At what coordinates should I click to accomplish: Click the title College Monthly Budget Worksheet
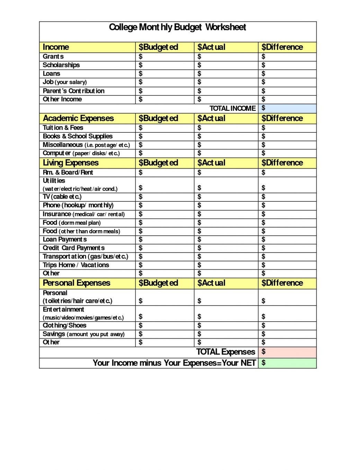coord(177,27)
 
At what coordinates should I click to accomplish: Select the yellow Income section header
coord(56,47)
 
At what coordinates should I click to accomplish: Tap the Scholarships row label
coord(61,65)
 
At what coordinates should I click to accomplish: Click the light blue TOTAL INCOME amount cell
coord(287,108)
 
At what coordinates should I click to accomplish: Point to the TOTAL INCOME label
coord(232,108)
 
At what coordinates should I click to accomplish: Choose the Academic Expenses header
coord(78,118)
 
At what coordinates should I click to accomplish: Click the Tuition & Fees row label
coord(63,128)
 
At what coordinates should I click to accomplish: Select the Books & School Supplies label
coord(78,136)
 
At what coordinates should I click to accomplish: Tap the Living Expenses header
coord(71,163)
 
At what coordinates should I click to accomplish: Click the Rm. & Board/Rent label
coord(68,172)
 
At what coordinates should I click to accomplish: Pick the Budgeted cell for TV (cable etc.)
coord(164,197)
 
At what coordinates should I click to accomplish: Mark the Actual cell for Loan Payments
coord(225,240)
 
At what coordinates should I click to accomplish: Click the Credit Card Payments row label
coord(73,248)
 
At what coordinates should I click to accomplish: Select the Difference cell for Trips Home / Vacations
coord(287,265)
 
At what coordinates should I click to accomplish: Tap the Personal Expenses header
coord(77,283)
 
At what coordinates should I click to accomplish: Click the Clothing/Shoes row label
coord(64,325)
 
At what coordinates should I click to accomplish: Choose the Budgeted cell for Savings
coord(164,334)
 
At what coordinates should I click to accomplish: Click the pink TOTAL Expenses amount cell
coord(287,352)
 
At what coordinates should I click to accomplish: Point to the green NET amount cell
coord(287,363)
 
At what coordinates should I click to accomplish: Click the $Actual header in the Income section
coord(211,47)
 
